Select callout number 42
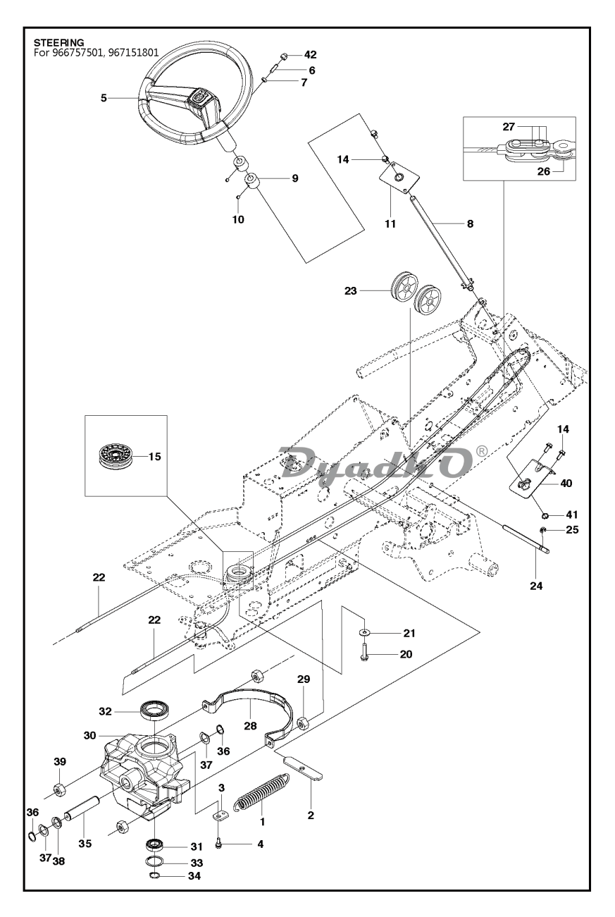tap(311, 55)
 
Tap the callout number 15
tap(154, 456)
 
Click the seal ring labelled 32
tap(151, 710)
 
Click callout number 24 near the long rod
tap(537, 584)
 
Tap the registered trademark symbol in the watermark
tap(481, 449)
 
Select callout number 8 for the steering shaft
tap(470, 223)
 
